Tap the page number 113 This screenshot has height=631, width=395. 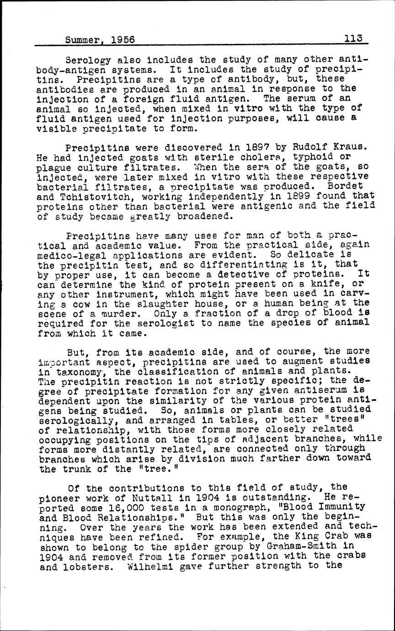click(354, 39)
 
